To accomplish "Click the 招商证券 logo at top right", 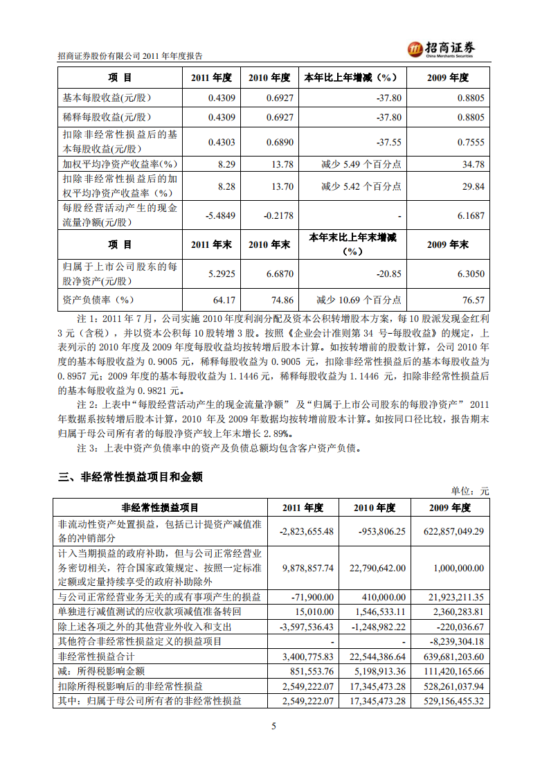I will tap(442, 48).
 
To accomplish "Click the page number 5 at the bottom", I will tap(274, 726).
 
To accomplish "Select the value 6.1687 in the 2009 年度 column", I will tap(470, 215).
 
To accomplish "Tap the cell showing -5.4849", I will tap(221, 215).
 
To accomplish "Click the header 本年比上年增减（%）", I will tap(352, 78).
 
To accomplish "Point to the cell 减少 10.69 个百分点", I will tap(359, 300).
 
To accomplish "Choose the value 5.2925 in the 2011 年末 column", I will tap(222, 274).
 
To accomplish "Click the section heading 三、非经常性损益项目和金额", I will tap(130, 476).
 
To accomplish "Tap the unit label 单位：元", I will tap(470, 491).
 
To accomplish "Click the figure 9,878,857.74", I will tap(308, 567).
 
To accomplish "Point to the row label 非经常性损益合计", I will tap(97, 657).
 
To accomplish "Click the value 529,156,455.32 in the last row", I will tap(449, 701).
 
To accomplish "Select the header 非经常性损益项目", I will tap(160, 508).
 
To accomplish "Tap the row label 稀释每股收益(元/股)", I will tap(107, 117).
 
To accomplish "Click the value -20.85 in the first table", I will tap(388, 274).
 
